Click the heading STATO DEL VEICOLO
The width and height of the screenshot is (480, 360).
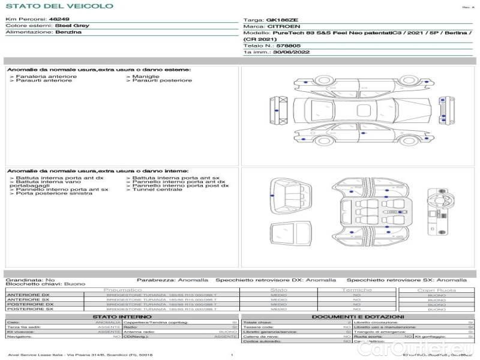pyautogui.click(x=59, y=6)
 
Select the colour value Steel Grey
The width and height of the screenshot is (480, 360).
pyautogui.click(x=73, y=26)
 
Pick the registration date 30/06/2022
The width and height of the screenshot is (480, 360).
pyautogui.click(x=292, y=52)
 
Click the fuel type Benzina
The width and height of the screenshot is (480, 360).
pyautogui.click(x=68, y=32)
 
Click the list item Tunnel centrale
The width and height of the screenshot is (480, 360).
pyautogui.click(x=157, y=190)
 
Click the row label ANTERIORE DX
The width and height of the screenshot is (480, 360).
pyautogui.click(x=28, y=295)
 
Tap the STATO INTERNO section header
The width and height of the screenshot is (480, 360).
pyautogui.click(x=122, y=316)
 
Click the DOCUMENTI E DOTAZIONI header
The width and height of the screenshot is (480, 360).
pyautogui.click(x=358, y=316)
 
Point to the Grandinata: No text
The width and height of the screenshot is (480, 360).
pyautogui.click(x=30, y=280)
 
